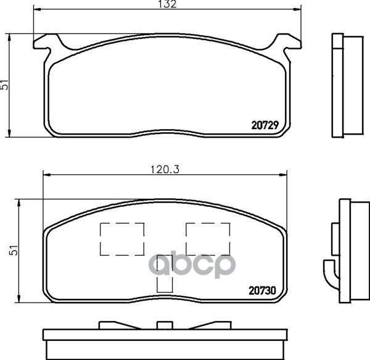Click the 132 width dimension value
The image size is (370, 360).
167,4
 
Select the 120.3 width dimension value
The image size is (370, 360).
165,169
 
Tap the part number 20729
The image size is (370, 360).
265,125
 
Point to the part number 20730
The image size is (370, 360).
262,291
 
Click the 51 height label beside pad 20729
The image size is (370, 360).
5,85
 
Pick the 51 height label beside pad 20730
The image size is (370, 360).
14,250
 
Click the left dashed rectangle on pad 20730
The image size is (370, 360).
122,239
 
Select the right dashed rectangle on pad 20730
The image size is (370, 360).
208,239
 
